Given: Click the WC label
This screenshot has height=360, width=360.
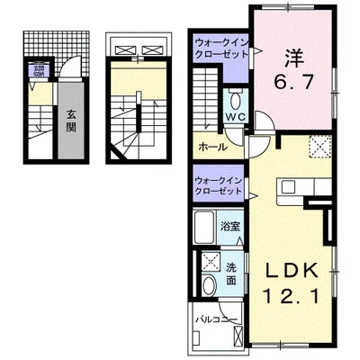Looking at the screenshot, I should point(236,118).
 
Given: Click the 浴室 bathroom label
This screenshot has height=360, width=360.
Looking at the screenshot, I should point(230,226).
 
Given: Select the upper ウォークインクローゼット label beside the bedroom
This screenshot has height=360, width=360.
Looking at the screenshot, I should point(220,46).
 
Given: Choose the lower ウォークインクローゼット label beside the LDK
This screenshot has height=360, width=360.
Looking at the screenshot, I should point(220,186).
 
